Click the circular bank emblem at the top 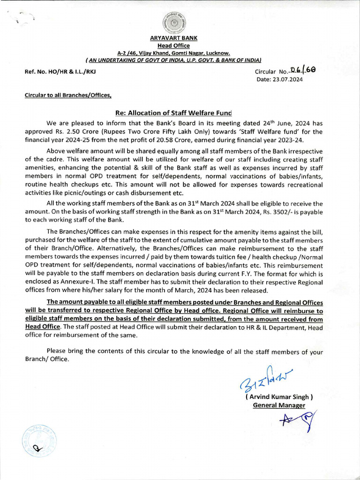pos(173,22)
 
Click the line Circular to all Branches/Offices pos(68,95)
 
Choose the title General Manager pos(279,405)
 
